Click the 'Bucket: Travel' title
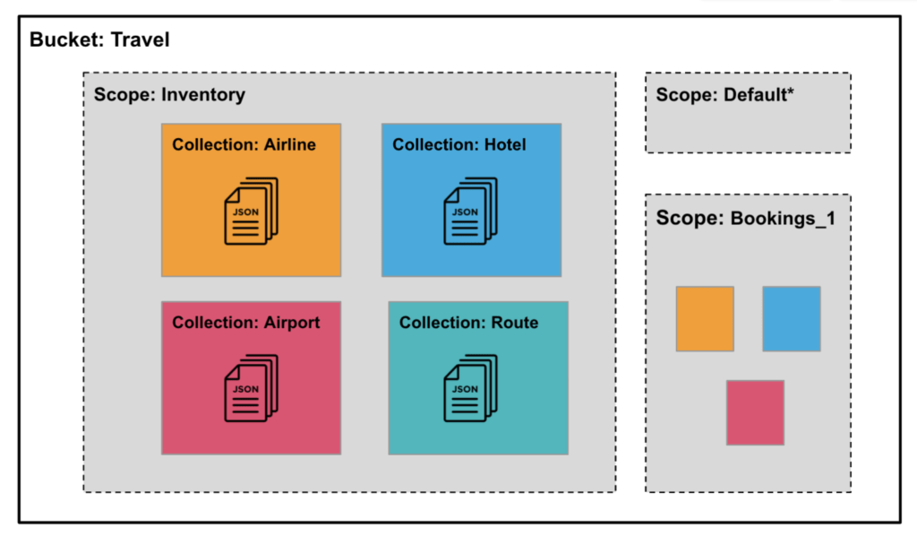(x=99, y=40)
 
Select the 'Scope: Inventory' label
(x=169, y=94)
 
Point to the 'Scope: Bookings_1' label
(x=745, y=218)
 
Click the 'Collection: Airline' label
(x=244, y=144)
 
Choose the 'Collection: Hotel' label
(x=459, y=144)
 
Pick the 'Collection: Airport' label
(x=245, y=323)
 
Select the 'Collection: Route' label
(x=468, y=323)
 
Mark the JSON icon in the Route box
(x=470, y=388)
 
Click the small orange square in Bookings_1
(x=705, y=319)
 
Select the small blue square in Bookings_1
(x=792, y=319)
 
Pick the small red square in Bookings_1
(x=755, y=412)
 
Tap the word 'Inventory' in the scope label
(x=202, y=94)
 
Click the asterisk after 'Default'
(x=790, y=92)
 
